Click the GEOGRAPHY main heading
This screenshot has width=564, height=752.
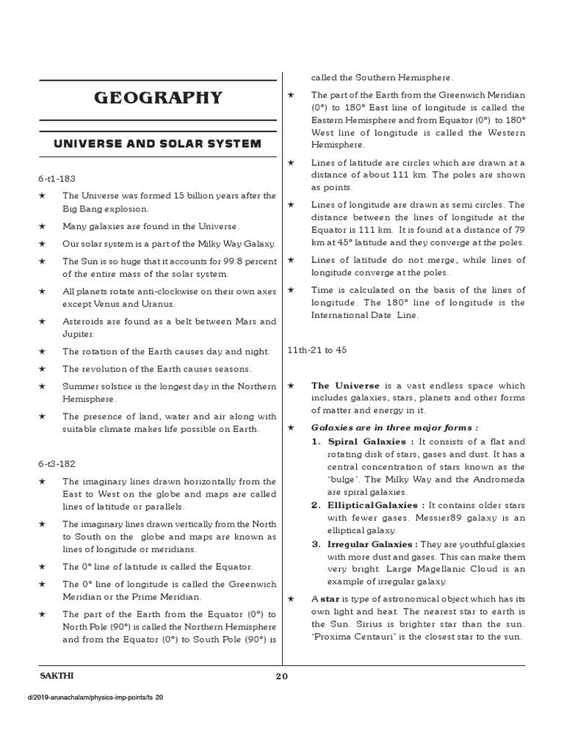coord(157,98)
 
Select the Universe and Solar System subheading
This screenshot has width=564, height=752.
coord(157,143)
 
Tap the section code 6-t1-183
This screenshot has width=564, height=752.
coord(58,178)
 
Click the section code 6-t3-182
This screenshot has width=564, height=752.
coord(58,463)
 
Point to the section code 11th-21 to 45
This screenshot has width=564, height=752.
coord(317,350)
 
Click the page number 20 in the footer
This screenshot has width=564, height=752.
coord(282,677)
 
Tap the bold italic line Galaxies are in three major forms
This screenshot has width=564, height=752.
coord(394,427)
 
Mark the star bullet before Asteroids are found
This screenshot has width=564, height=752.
coord(43,322)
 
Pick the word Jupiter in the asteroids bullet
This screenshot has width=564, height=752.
coord(78,333)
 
